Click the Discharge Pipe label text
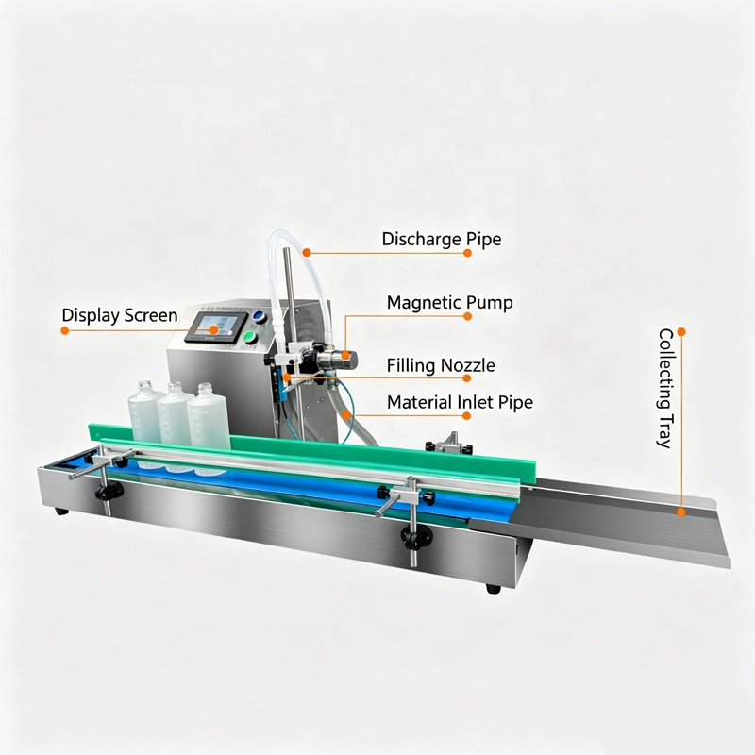click(x=442, y=240)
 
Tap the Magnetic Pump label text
click(x=450, y=303)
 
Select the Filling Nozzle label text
click(x=441, y=365)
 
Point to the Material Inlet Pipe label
click(x=460, y=403)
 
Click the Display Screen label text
click(x=120, y=315)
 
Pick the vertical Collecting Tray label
click(x=666, y=388)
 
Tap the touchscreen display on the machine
click(x=217, y=327)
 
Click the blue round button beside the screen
click(x=259, y=316)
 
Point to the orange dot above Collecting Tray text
click(x=680, y=332)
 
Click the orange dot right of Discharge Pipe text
click(x=467, y=253)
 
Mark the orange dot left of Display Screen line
click(x=64, y=330)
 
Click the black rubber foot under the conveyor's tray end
click(x=493, y=588)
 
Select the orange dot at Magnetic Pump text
click(x=467, y=316)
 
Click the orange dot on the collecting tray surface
click(x=680, y=512)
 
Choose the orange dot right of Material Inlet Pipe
click(x=466, y=415)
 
